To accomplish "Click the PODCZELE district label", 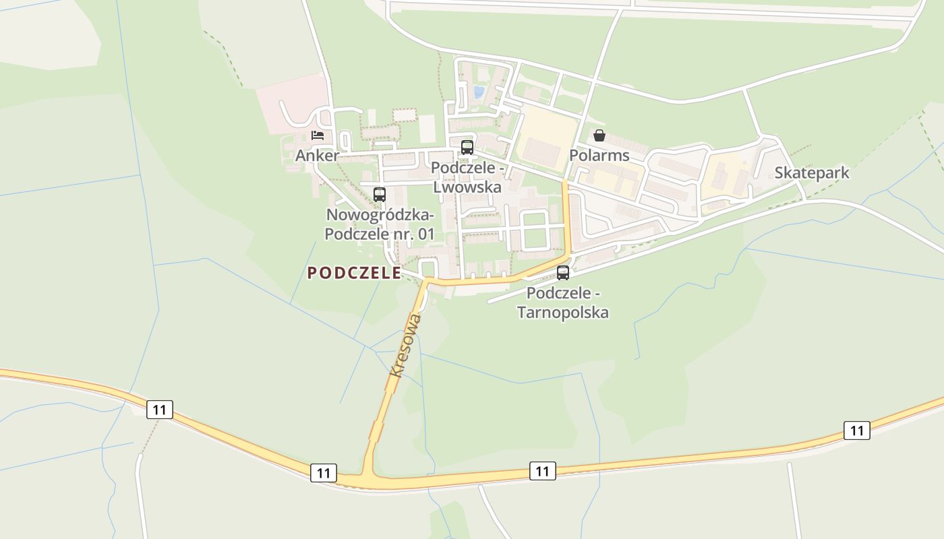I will (354, 273).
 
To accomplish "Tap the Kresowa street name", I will (405, 344).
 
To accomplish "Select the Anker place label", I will (317, 156).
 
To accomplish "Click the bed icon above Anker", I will (318, 135).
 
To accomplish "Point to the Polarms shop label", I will (599, 156).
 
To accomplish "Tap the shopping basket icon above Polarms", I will (599, 135).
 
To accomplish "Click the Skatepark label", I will (811, 173).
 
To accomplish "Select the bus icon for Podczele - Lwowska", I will (467, 148).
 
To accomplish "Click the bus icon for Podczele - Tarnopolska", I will (563, 273).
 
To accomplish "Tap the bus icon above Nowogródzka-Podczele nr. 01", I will (380, 195).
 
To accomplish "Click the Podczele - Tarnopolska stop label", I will (563, 303).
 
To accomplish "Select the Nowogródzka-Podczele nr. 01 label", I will (380, 224).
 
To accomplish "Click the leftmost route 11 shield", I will (160, 410).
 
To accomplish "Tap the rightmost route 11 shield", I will (856, 430).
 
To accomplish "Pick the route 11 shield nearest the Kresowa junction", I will (324, 472).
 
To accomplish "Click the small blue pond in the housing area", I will (479, 92).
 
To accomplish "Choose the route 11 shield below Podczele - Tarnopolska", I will (543, 470).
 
